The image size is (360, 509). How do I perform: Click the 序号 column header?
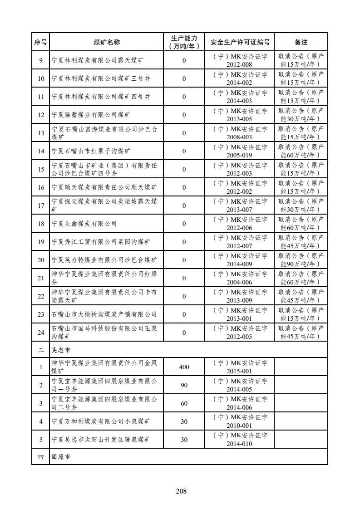40,42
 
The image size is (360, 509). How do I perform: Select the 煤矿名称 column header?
107,42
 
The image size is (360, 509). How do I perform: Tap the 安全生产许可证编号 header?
240,42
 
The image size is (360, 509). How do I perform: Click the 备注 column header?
301,42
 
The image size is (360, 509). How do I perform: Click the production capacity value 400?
184,367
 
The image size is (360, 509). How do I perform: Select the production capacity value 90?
184,385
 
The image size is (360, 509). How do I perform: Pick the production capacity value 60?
184,403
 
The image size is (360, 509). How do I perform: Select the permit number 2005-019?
240,155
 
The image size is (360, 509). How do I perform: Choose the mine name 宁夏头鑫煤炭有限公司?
84,224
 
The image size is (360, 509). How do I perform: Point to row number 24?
41,333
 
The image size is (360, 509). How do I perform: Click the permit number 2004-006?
240,282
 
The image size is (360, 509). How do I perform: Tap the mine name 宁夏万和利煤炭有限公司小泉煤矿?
100,421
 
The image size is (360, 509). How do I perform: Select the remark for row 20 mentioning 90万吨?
301,260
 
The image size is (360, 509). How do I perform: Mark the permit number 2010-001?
240,426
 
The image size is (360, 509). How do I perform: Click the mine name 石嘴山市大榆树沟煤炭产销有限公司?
104,314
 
